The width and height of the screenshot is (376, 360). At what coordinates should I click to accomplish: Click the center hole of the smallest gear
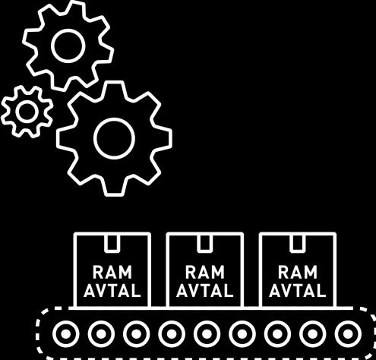pyautogui.click(x=27, y=112)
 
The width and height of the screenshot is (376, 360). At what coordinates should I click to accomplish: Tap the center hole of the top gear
pyautogui.click(x=68, y=46)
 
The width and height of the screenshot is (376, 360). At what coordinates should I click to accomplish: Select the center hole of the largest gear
pyautogui.click(x=114, y=138)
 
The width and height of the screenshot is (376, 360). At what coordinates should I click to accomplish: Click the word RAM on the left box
pyautogui.click(x=112, y=272)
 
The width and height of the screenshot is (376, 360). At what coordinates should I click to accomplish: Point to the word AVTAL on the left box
pyautogui.click(x=112, y=290)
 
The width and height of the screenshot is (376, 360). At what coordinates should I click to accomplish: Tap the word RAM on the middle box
pyautogui.click(x=205, y=272)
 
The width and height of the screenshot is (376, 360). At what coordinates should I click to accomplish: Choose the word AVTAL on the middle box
pyautogui.click(x=205, y=290)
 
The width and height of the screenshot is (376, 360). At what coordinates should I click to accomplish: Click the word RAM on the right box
pyautogui.click(x=298, y=272)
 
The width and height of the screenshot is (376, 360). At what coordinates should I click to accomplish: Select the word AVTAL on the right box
pyautogui.click(x=298, y=290)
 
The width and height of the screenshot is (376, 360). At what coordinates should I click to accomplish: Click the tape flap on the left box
pyautogui.click(x=112, y=243)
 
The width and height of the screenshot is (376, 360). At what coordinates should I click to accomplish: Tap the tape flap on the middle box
pyautogui.click(x=205, y=243)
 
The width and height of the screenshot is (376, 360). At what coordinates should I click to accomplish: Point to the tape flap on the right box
pyautogui.click(x=298, y=243)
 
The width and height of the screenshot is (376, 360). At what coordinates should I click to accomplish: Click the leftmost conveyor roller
pyautogui.click(x=66, y=334)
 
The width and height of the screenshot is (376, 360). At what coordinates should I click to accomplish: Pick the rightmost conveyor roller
pyautogui.click(x=348, y=334)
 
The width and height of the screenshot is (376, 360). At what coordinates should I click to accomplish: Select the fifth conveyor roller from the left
pyautogui.click(x=207, y=334)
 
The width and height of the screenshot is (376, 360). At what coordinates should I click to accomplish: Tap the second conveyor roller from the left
pyautogui.click(x=101, y=334)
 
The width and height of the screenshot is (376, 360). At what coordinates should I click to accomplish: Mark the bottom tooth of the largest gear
pyautogui.click(x=115, y=189)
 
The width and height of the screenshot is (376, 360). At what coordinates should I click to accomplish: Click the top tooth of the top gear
pyautogui.click(x=75, y=8)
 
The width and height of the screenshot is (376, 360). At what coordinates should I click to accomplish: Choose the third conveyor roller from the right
pyautogui.click(x=277, y=334)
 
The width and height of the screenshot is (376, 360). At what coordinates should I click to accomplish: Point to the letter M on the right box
pyautogui.click(x=310, y=272)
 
